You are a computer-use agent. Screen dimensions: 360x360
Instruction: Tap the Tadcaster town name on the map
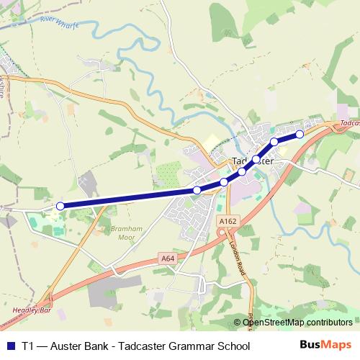251,161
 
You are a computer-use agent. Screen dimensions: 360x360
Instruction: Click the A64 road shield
168,258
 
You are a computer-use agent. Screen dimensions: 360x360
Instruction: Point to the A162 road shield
228,222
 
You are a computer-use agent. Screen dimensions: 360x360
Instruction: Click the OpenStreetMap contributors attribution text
297,323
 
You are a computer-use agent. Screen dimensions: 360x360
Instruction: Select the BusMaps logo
326,345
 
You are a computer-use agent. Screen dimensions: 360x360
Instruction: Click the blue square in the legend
10,346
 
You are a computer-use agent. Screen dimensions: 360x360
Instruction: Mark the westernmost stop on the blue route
60,206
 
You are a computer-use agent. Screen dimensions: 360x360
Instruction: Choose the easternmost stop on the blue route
300,134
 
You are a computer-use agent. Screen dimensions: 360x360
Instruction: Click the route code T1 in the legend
28,346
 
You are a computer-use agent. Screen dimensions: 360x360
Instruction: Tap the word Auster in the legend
67,346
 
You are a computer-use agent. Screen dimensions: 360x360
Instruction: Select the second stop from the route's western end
197,190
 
